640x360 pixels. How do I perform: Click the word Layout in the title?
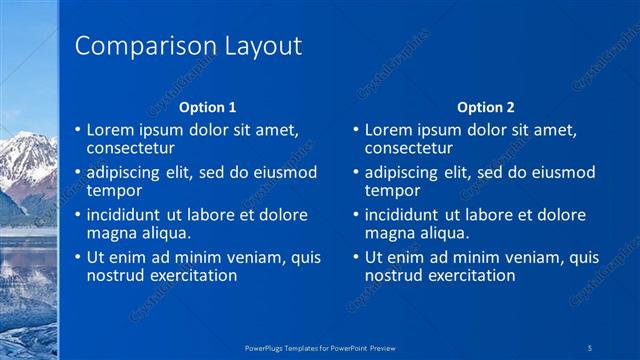coord(259,46)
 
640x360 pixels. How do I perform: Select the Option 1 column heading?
coord(208,107)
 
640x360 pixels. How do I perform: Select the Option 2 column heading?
coord(485,107)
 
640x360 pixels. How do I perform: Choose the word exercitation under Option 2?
coord(471,275)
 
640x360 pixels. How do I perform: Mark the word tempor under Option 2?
coord(393,190)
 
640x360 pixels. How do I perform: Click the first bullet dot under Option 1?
coord(78,130)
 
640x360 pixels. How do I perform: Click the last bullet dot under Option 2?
coord(355,258)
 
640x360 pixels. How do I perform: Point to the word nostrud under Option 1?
coord(116,275)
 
